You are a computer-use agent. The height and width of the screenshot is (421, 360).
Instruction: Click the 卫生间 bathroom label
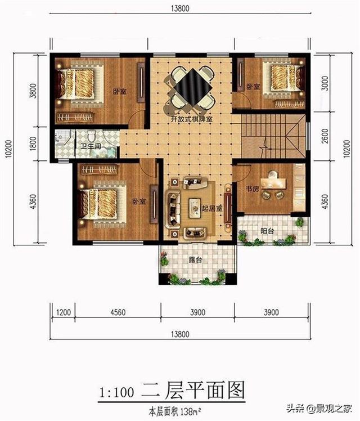click(x=91, y=146)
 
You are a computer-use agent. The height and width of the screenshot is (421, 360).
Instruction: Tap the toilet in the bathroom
click(x=92, y=136)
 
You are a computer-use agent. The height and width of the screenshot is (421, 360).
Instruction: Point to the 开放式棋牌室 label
click(x=192, y=119)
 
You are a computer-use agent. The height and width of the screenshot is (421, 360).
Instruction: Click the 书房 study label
click(x=253, y=189)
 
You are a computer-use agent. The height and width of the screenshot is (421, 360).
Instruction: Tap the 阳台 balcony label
click(x=267, y=231)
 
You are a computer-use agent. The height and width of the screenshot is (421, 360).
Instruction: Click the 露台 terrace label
click(x=195, y=260)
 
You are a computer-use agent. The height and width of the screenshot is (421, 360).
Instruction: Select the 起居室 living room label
click(x=212, y=208)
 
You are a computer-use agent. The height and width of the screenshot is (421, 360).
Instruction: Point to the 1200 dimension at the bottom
click(x=64, y=312)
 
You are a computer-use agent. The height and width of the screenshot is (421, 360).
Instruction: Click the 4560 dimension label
click(x=118, y=312)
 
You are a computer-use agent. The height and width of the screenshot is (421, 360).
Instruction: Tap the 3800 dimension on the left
click(x=33, y=91)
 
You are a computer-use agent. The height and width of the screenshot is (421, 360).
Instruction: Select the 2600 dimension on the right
click(x=325, y=136)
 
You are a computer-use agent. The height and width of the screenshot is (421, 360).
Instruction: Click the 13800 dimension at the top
click(x=180, y=8)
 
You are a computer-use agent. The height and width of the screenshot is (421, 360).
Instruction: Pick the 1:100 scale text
click(x=116, y=392)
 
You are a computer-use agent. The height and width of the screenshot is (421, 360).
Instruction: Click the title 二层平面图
click(x=193, y=391)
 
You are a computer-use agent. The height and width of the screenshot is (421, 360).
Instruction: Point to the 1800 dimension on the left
click(x=33, y=144)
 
